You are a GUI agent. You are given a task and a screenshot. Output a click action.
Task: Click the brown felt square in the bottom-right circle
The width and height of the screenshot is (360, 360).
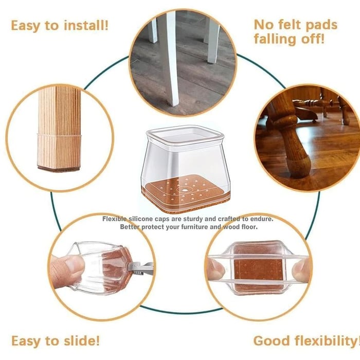coord(257,270)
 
